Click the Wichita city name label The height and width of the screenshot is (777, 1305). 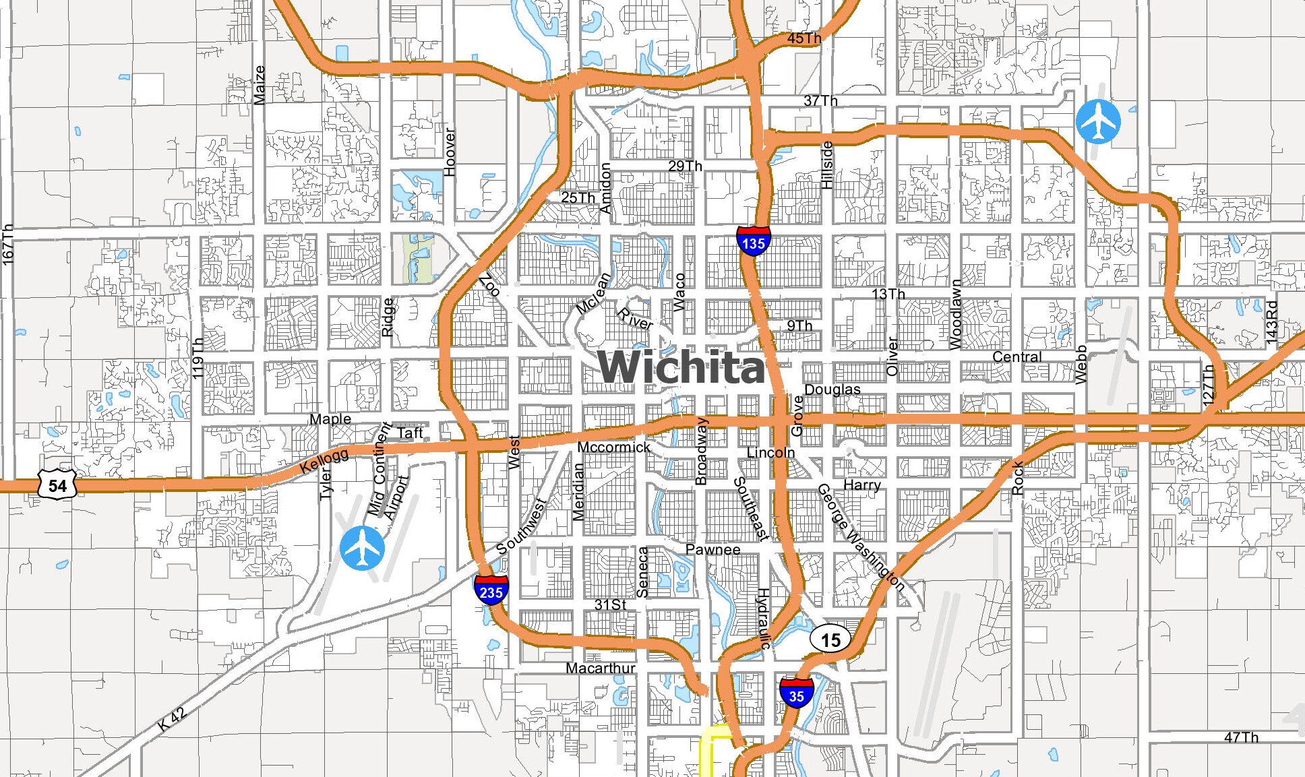pos(681,367)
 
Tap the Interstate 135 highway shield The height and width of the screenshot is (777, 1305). pos(753,241)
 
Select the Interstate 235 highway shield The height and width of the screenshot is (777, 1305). pos(491,590)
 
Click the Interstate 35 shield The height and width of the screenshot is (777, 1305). pos(796,693)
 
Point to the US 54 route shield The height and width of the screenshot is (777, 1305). pos(57,485)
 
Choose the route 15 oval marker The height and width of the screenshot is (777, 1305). pos(830,640)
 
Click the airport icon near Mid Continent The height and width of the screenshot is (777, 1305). pos(362,549)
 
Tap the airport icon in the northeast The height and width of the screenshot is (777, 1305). pos(1098,121)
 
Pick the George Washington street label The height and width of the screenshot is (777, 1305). pos(861,537)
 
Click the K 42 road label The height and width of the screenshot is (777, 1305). pos(172,719)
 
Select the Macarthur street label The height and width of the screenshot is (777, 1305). pos(600,668)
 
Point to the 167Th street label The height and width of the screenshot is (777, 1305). pos(8,245)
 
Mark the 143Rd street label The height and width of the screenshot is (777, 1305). pos(1271,322)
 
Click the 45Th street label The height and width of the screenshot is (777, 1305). pos(804,38)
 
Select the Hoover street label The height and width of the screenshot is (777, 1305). pos(450,152)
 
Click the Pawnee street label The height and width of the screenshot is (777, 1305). pos(712,549)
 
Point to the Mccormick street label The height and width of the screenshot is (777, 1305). pos(613,447)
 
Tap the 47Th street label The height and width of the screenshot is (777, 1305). pos(1241,738)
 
